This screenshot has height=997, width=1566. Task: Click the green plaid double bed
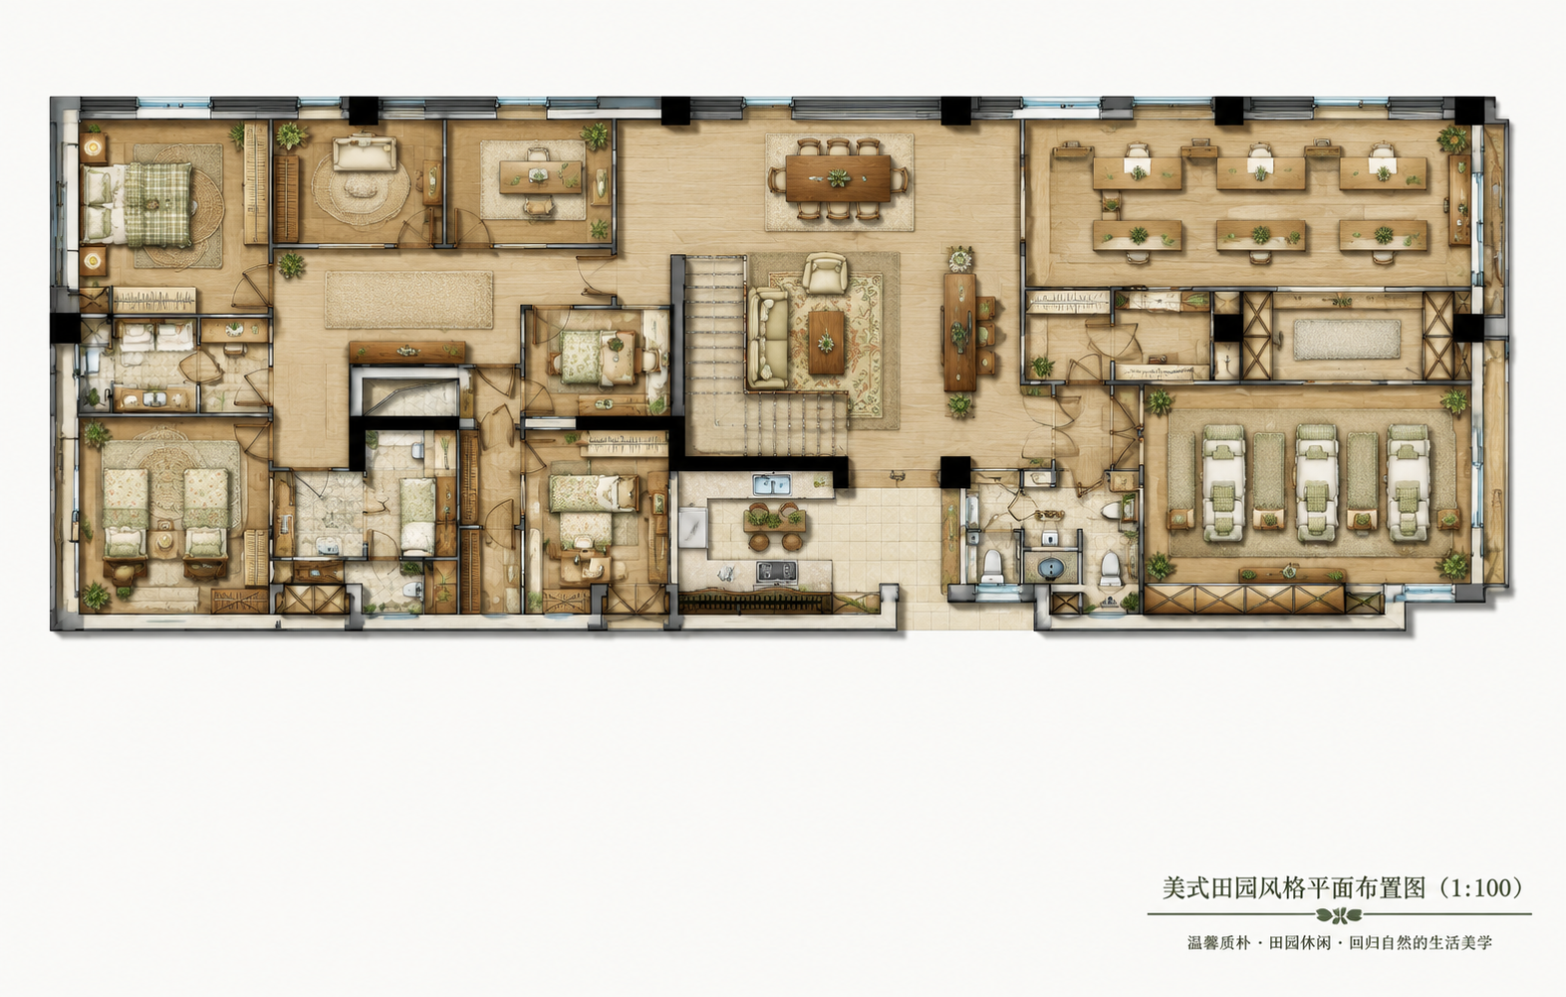pos(137,203)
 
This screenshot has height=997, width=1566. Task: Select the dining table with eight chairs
pos(838,178)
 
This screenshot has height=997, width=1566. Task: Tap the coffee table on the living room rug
pos(827,342)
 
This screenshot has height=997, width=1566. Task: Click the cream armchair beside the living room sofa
pos(824,272)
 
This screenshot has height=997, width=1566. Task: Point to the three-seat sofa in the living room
pos(767,339)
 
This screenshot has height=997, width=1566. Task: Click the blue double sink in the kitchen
pos(772,483)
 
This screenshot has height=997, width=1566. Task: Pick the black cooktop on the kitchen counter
pos(776,572)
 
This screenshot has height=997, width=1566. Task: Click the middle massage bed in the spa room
pos(1316,482)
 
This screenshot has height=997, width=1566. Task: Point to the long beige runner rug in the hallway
pos(408,300)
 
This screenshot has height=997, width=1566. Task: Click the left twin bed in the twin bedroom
pos(126,513)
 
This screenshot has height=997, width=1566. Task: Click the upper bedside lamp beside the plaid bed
pos(93,147)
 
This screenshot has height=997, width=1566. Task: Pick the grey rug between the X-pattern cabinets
pos(1347,340)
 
